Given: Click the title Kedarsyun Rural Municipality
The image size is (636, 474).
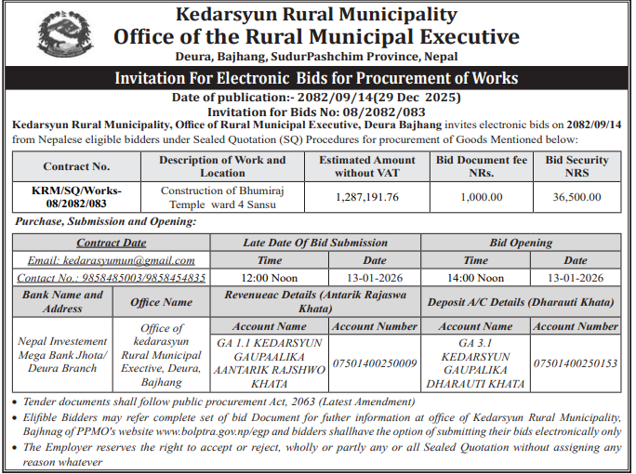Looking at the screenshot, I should pos(316,14).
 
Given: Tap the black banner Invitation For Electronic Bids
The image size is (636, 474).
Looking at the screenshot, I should pos(316,78).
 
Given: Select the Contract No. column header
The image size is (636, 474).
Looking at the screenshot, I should pos(76,166).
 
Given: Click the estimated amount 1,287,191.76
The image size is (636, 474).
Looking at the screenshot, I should pos(366,197).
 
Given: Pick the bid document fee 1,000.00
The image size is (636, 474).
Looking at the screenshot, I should pos(482,197).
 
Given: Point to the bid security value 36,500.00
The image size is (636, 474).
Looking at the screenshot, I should pos(576,197).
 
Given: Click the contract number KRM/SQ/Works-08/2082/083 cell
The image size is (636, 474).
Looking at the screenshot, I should pos(76,197).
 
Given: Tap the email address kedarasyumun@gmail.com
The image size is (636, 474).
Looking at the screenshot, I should pos(111,261).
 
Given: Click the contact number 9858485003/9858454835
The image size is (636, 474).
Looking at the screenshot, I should pos(112,278).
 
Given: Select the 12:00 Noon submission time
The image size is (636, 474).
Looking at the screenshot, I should pos(270,278).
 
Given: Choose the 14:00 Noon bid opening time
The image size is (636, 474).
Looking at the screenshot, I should pos(476,278).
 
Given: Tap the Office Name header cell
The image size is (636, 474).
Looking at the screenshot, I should pos(162,301).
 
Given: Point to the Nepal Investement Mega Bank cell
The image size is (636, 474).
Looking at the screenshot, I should pos(62,354).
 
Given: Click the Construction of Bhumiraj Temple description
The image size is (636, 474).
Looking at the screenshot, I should pos(222,197).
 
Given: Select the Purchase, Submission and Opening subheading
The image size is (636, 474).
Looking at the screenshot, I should pos(104,222).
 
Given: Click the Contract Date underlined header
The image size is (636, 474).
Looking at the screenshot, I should pos(111,243).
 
